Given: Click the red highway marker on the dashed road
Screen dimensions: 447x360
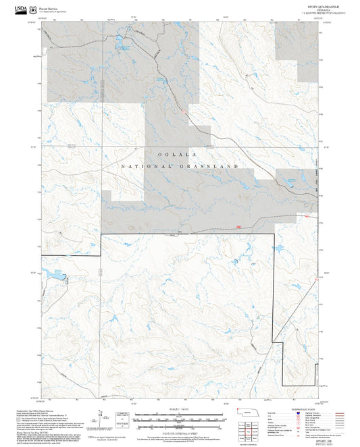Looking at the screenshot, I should (x=238, y=227).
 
